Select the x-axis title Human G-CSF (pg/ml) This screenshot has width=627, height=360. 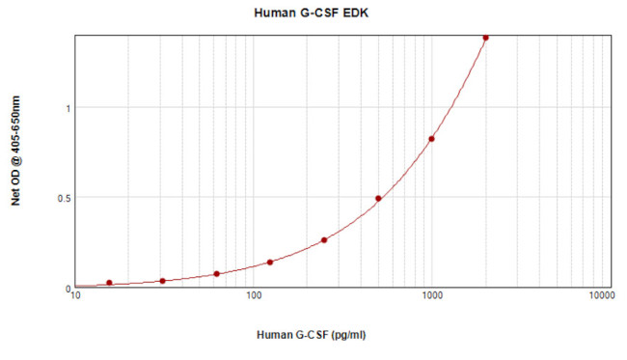click(x=312, y=336)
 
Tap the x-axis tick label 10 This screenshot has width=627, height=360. click(x=76, y=298)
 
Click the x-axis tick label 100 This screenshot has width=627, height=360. click(x=254, y=298)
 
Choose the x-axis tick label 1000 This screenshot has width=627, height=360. click(x=430, y=298)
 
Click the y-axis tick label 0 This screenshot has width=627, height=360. click(x=68, y=288)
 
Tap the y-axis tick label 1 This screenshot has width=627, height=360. click(x=68, y=108)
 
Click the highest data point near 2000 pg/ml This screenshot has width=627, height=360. click(x=485, y=38)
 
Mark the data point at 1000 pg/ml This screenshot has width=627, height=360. click(x=431, y=139)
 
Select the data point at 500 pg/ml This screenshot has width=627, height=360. click(x=378, y=199)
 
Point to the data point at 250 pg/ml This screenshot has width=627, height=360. click(x=324, y=240)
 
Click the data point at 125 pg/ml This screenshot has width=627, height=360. click(x=270, y=263)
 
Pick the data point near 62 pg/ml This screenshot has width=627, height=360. click(x=216, y=274)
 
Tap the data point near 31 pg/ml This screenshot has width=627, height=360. click(x=162, y=281)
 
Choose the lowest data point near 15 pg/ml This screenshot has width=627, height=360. click(x=109, y=283)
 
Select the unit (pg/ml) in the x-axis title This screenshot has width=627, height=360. click(x=345, y=336)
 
